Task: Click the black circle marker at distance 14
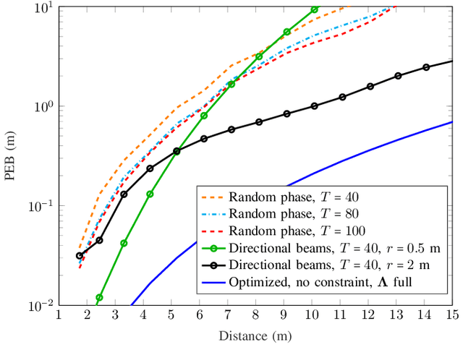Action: [x=426, y=67]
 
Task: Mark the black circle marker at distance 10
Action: [x=314, y=106]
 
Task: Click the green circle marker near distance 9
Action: [x=286, y=32]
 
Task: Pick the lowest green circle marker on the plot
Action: [x=99, y=297]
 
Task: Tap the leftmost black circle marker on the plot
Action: [x=80, y=255]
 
